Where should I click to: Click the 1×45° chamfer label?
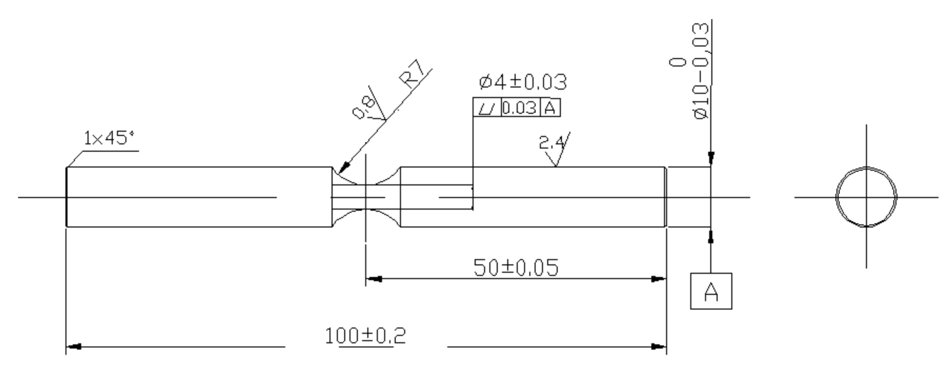point(109,138)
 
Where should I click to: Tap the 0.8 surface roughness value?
point(363,108)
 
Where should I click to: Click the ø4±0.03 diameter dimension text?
point(522,82)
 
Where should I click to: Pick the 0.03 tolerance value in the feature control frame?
point(519,108)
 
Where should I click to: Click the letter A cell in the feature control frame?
point(550,108)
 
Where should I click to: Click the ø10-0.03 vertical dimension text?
point(701,72)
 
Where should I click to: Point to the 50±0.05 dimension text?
point(516,267)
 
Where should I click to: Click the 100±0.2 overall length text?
point(365,335)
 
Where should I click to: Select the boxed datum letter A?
point(711,291)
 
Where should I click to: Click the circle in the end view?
point(837,197)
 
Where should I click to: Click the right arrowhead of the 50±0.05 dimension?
point(659,279)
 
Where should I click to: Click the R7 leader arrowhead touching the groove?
point(344,168)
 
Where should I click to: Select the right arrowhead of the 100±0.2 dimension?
point(659,346)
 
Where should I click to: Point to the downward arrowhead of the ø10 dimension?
point(711,158)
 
